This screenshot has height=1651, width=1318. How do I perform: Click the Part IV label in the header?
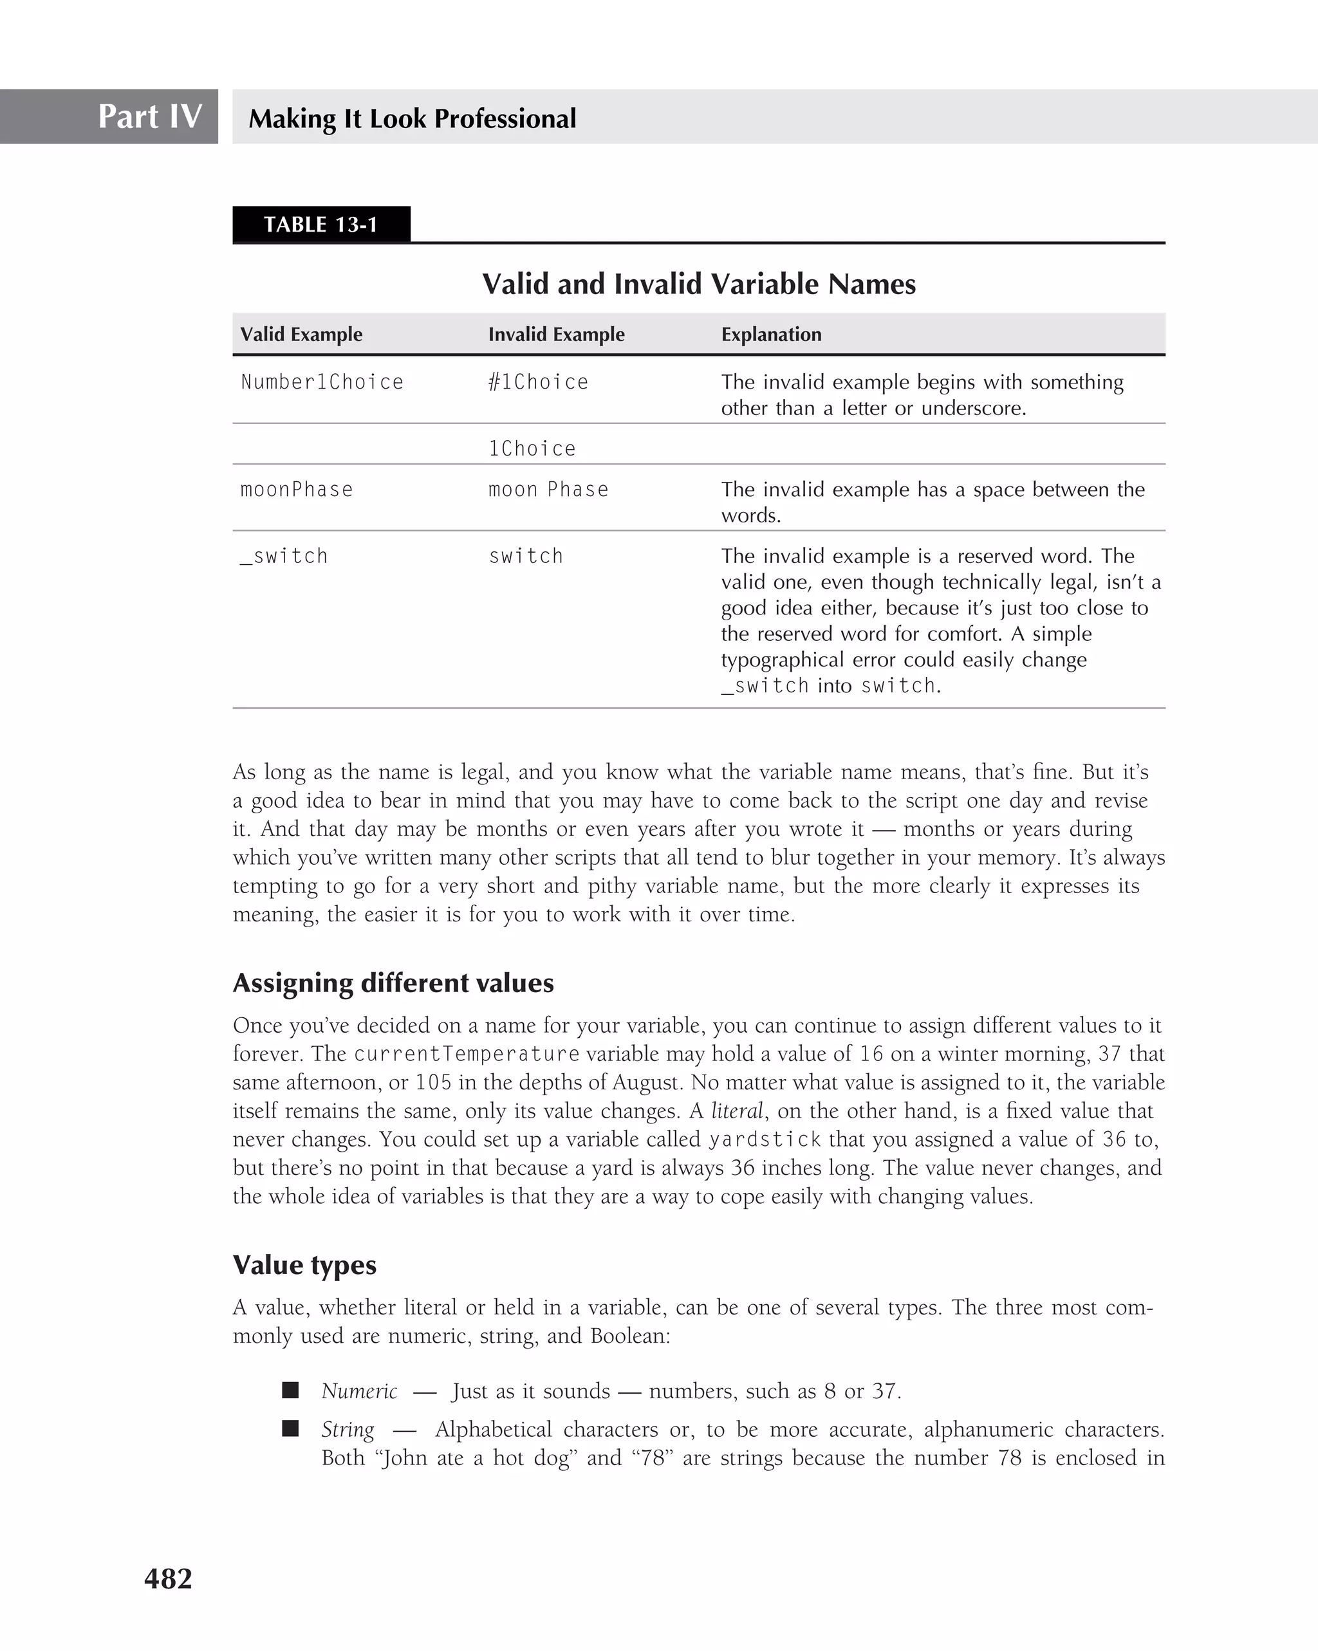(149, 116)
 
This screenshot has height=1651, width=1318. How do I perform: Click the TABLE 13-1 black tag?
(321, 225)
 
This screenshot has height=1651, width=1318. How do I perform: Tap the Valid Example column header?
(301, 334)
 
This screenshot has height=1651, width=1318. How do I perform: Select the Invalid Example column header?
(556, 334)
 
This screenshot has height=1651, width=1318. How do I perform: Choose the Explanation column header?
(770, 334)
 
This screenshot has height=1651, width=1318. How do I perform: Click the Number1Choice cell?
(322, 382)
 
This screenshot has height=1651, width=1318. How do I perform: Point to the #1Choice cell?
(539, 382)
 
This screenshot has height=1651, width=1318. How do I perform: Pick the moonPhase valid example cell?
(297, 490)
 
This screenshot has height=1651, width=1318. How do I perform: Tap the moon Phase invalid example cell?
(548, 490)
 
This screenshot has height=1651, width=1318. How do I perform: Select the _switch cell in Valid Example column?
(284, 556)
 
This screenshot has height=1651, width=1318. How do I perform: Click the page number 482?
(168, 1578)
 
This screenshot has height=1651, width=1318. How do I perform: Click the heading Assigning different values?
(393, 982)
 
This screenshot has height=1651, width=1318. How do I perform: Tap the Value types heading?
(304, 1264)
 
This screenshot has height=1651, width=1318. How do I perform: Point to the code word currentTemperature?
(467, 1055)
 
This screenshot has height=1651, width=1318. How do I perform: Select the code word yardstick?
(765, 1139)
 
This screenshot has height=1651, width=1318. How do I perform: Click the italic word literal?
(737, 1111)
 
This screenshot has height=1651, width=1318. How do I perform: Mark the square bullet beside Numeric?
(290, 1390)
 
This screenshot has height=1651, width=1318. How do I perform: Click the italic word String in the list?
(348, 1430)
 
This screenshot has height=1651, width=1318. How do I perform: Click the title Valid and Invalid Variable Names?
(698, 284)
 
